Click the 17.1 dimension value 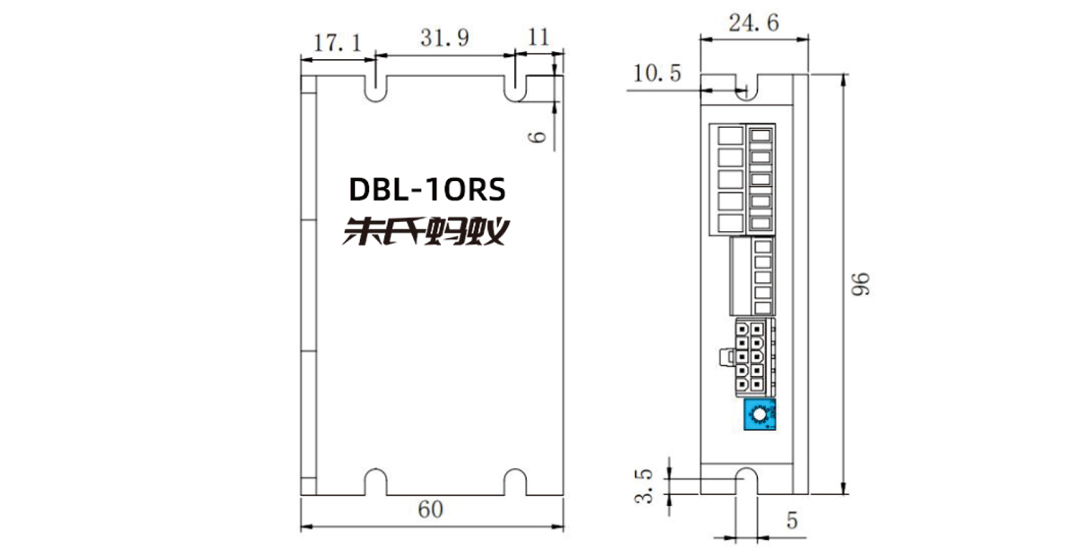click(338, 43)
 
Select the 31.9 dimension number click(445, 39)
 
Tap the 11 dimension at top click(538, 37)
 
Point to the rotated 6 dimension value click(537, 137)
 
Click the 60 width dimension click(431, 509)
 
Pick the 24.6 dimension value click(754, 22)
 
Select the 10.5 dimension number click(658, 73)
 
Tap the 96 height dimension click(861, 284)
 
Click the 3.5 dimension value click(644, 485)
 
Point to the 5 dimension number click(792, 520)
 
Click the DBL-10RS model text click(427, 190)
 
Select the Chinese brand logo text click(426, 231)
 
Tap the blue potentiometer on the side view click(760, 414)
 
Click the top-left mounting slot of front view click(375, 89)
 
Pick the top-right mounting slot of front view click(515, 89)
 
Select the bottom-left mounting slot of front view click(375, 482)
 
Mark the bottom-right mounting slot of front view click(515, 482)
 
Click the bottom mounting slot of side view click(747, 481)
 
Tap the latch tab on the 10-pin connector click(727, 357)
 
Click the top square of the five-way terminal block click(730, 135)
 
